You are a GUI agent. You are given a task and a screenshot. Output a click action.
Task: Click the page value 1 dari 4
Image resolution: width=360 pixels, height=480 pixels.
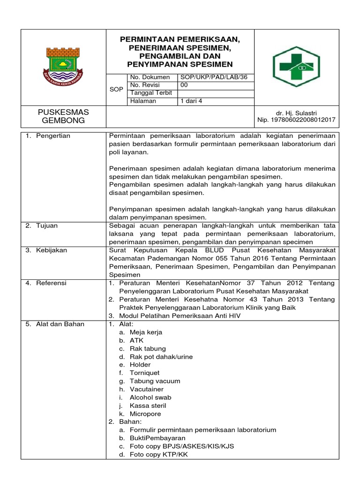pyautogui.click(x=191, y=101)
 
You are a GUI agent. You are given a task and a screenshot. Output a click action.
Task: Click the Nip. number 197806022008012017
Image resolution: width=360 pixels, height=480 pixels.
pyautogui.click(x=296, y=120)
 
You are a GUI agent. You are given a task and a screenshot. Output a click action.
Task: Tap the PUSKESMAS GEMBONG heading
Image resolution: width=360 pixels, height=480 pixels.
pyautogui.click(x=63, y=116)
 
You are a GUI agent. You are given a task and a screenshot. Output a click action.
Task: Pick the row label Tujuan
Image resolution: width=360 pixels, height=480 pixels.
pyautogui.click(x=47, y=225)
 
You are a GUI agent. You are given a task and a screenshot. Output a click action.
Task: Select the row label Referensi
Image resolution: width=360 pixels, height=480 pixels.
pyautogui.click(x=51, y=283)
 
